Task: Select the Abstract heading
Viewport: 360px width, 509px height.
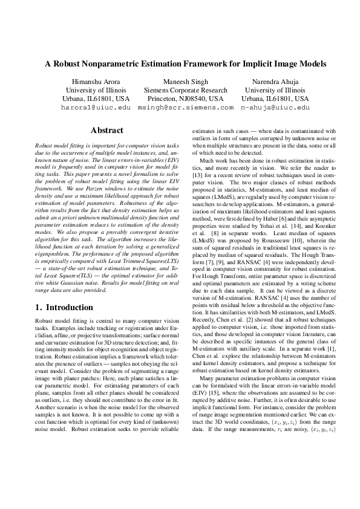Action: coord(106,130)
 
